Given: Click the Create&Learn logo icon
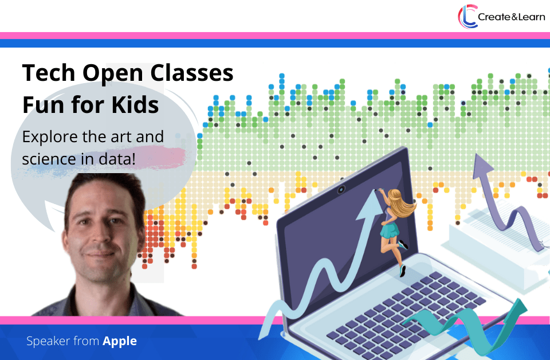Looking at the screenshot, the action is point(467,17).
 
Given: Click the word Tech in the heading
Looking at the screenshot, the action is point(49,73).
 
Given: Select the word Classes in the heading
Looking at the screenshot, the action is point(192,73).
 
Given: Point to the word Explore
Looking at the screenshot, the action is point(49,137).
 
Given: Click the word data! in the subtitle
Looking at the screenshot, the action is point(117,159).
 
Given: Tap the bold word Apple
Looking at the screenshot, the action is point(120,342).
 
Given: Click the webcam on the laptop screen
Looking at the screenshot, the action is point(341,190).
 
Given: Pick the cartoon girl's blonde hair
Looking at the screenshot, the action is point(402,203).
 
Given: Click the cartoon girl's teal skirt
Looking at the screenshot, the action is point(390,230).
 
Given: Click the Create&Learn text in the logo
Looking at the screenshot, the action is point(512,17).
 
